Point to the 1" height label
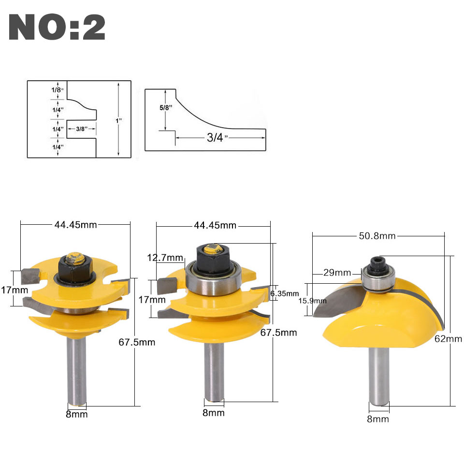coord(119,119)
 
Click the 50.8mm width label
coord(377,235)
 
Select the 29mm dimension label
coord(337,273)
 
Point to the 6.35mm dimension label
coord(285,293)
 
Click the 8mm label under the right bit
coord(378,419)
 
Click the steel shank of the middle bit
coord(214,372)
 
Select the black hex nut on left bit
coord(72,267)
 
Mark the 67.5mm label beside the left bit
coord(137,342)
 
